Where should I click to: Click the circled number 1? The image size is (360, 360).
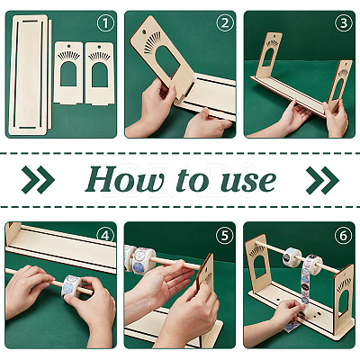105,24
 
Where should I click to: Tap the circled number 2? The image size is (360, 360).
224,23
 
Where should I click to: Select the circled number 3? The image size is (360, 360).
343,24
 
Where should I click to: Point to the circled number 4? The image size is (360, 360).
105,236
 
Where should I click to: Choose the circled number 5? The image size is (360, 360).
224,236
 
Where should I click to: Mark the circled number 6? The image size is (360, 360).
343,236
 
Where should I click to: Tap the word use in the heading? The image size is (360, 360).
248,182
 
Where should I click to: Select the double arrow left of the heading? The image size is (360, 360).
39,180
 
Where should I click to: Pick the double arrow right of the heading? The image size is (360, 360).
322,180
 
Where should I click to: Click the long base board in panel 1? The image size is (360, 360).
29,75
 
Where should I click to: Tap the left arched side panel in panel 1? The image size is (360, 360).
68,73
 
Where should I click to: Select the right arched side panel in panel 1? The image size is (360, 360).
100,73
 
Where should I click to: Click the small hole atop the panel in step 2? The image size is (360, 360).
143,31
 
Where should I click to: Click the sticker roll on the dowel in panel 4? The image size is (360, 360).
72,286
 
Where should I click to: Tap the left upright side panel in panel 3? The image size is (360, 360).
268,55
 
